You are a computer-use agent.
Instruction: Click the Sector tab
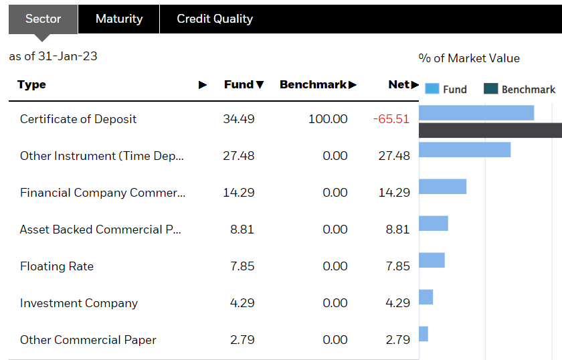43,19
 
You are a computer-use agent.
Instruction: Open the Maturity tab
119,19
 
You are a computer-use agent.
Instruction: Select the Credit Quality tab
215,19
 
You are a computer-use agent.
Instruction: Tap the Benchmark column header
318,85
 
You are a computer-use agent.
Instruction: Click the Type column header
32,85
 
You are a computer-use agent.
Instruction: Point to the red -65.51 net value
391,119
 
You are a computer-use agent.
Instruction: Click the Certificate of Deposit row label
78,119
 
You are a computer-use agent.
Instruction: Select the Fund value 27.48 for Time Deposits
239,156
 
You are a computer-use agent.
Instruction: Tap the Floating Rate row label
57,266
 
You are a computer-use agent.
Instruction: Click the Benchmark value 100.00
328,119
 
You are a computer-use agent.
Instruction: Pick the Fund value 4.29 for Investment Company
242,303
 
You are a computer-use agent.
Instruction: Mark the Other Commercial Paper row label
88,340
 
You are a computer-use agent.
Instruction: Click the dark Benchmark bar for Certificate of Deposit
490,130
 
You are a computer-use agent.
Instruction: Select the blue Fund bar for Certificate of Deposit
476,112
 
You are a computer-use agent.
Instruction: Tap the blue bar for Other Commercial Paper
424,334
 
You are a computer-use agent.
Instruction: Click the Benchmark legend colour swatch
491,89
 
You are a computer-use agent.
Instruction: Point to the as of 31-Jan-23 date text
53,56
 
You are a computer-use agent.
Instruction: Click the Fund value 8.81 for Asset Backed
242,230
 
